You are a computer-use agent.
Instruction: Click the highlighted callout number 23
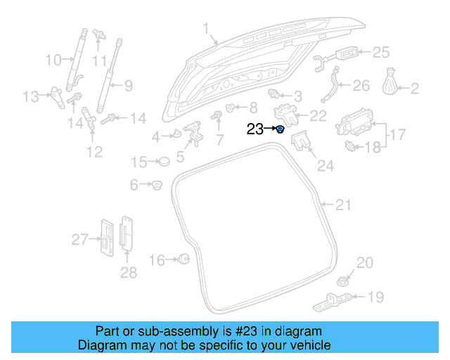(x=255, y=129)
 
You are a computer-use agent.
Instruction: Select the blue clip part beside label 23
(x=280, y=129)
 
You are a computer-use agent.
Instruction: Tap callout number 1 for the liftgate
(x=206, y=29)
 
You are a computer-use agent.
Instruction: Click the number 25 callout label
(x=380, y=52)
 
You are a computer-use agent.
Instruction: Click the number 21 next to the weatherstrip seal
(x=342, y=205)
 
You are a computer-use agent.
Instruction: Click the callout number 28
(x=128, y=272)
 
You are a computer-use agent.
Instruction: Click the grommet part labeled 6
(x=156, y=186)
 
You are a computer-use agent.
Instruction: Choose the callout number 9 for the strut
(x=128, y=87)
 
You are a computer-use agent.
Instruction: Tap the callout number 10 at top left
(x=53, y=60)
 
